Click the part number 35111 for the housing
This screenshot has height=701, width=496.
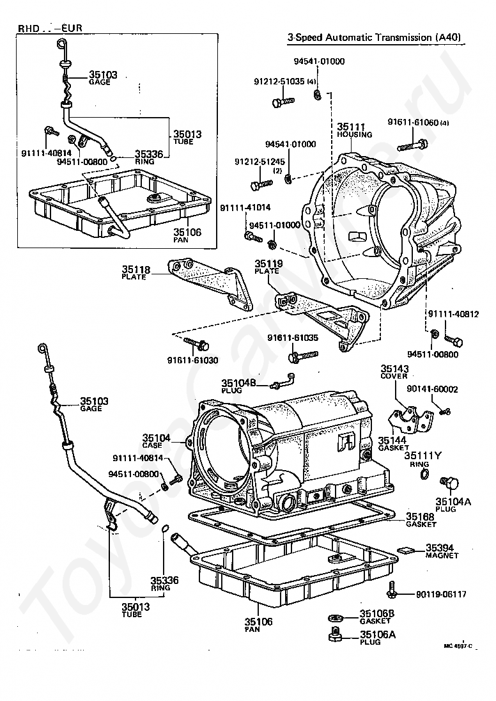[x=351, y=127]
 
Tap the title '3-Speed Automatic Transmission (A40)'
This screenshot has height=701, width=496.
[x=374, y=37]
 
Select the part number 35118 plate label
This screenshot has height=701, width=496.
[x=136, y=269]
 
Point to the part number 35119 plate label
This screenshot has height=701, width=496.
[x=268, y=264]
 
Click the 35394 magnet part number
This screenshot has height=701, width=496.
[x=439, y=547]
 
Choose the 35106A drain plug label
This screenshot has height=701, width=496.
[x=378, y=634]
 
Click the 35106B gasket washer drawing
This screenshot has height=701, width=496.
[x=335, y=618]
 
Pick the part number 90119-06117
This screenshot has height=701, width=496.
[x=441, y=594]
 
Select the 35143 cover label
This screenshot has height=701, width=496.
[x=394, y=368]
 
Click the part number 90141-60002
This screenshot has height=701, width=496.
[x=432, y=390]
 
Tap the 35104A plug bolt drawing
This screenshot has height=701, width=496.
[x=450, y=484]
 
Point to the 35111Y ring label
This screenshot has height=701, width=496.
[x=422, y=455]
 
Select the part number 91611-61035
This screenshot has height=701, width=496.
[x=293, y=338]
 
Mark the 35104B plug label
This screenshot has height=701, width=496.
[x=238, y=382]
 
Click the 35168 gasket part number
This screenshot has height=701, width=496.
[x=420, y=516]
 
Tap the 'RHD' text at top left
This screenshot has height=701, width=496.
[x=28, y=28]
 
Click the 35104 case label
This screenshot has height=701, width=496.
[x=157, y=437]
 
